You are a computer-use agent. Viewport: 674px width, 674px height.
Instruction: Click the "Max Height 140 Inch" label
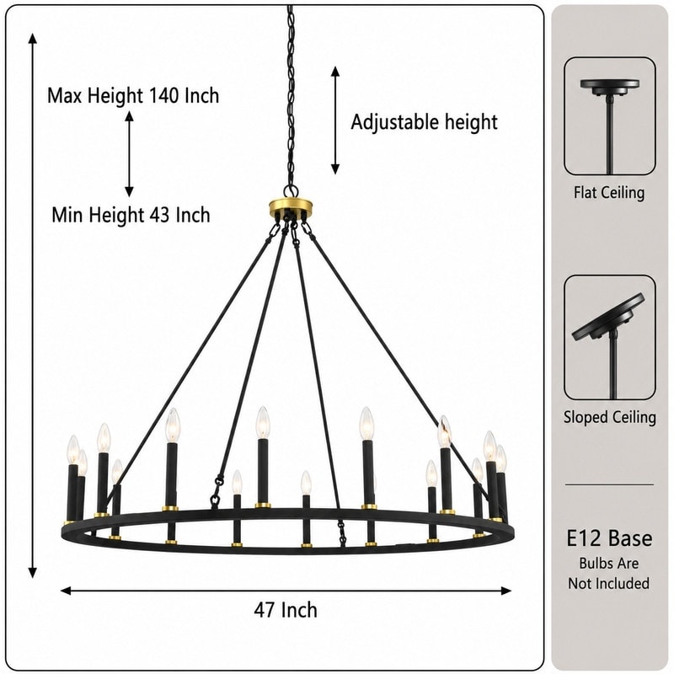pos(133,95)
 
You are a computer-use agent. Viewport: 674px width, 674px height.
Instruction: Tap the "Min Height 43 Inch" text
pos(131,215)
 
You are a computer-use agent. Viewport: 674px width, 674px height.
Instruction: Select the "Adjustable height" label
pos(425,122)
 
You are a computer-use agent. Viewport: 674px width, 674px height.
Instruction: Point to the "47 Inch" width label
pos(286,609)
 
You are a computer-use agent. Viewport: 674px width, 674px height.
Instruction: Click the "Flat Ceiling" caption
pos(609,192)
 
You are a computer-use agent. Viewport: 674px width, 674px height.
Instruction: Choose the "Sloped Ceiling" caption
pos(609,417)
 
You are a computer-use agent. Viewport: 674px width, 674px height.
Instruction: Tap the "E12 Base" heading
pos(609,538)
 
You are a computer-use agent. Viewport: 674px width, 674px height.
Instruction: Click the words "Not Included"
pos(608,583)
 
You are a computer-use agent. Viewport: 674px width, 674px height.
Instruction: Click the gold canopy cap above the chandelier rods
pos(291,206)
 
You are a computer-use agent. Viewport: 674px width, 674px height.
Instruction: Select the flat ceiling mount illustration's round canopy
pos(609,86)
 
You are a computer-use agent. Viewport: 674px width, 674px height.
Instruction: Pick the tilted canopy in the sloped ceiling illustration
pos(608,317)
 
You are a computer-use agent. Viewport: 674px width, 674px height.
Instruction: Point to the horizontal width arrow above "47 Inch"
pos(286,591)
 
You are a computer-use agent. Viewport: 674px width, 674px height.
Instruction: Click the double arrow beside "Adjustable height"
pos(335,120)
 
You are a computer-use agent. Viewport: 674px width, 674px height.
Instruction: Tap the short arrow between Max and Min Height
pos(129,154)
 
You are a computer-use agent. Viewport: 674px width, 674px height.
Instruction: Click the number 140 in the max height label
pos(163,95)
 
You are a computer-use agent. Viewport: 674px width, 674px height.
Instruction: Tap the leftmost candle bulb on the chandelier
pos(73,449)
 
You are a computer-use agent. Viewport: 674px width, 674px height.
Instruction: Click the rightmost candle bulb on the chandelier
pos(501,459)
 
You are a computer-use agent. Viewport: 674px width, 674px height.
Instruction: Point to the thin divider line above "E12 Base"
pos(609,484)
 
